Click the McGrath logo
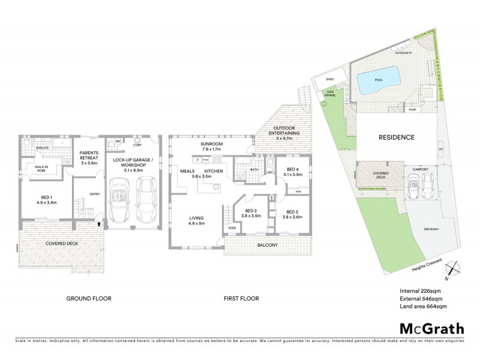click(431, 328)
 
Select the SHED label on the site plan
click(329, 79)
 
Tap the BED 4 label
click(293, 171)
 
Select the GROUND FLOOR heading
click(89, 298)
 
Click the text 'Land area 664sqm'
click(422, 306)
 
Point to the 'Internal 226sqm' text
click(421, 292)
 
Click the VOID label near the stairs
click(232, 228)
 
